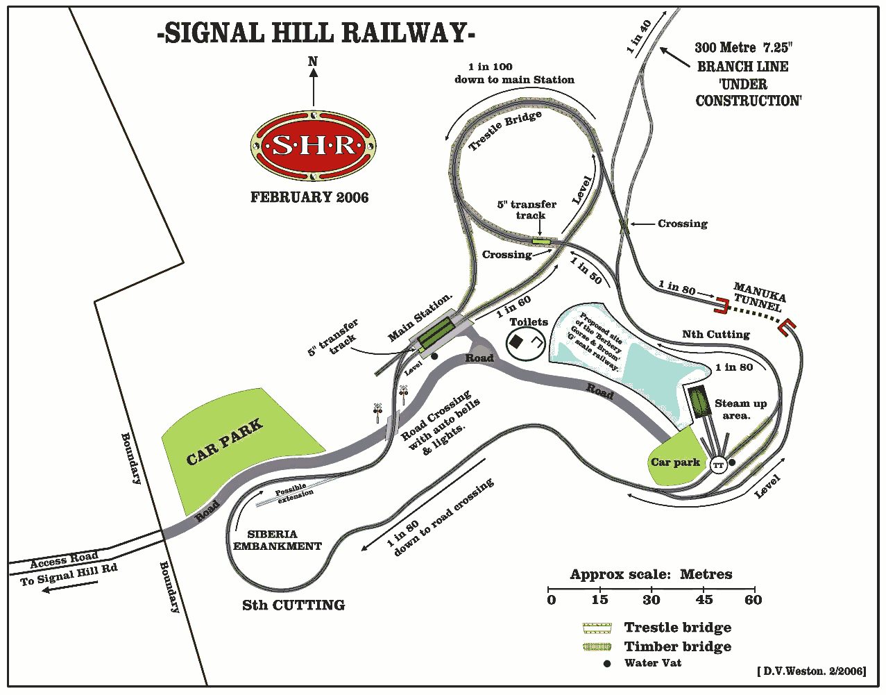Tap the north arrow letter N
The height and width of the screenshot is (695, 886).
313,62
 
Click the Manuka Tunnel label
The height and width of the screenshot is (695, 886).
759,296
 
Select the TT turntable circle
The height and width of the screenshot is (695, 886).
718,465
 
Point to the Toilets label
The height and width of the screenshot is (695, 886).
529,322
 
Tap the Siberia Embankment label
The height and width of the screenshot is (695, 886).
276,540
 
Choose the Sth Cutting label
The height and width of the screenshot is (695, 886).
293,605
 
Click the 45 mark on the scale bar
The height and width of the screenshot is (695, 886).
704,600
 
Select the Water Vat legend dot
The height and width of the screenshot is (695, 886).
607,664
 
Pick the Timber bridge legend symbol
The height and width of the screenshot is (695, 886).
598,647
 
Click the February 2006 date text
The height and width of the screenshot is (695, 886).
309,197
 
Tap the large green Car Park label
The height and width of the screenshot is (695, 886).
224,442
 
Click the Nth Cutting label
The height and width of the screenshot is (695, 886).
715,335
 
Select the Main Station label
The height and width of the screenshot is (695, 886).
420,318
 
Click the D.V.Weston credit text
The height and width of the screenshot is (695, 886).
811,671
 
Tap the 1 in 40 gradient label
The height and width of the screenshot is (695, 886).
639,37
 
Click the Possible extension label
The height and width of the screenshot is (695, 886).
293,493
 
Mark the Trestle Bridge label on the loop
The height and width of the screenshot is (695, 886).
504,130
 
